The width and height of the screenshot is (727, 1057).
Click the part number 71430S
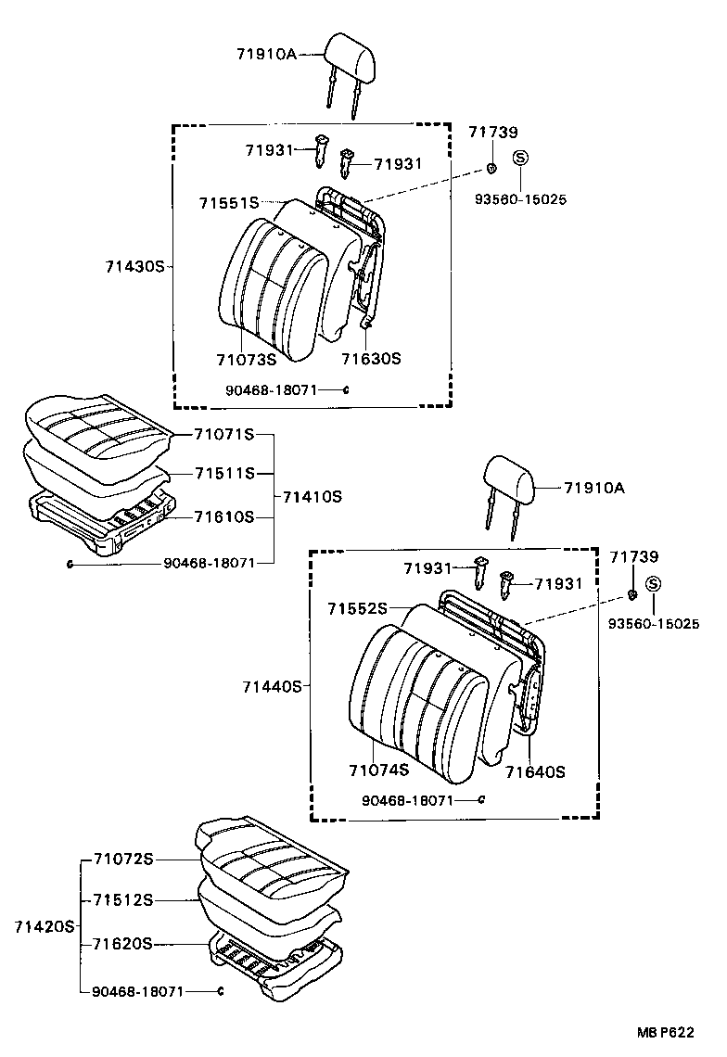click(x=134, y=266)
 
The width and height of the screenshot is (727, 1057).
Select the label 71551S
click(x=228, y=202)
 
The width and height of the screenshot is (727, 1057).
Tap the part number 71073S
click(x=246, y=359)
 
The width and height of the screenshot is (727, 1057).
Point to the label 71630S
click(x=371, y=359)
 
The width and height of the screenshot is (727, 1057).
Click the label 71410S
click(x=312, y=497)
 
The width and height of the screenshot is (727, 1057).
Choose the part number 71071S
click(x=223, y=434)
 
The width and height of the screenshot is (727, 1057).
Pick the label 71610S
click(x=223, y=516)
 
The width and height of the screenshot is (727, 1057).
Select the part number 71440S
click(x=273, y=687)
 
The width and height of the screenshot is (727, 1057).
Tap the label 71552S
click(x=357, y=608)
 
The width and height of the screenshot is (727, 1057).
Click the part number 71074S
click(x=378, y=770)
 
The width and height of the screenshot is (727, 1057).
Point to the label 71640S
click(x=535, y=770)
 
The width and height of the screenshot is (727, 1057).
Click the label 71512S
click(x=122, y=900)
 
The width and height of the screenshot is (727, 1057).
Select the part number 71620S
click(x=122, y=944)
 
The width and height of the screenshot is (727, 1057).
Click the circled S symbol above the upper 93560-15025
click(x=521, y=158)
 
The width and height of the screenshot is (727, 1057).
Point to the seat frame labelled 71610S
click(x=102, y=524)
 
